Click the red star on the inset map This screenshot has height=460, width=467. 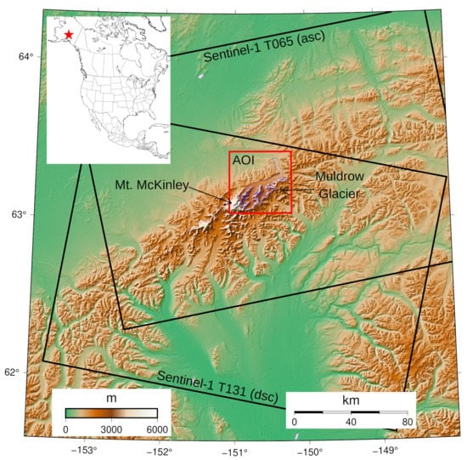point(69,35)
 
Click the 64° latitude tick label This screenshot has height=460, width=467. point(26,57)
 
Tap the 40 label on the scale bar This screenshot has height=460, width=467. point(351,422)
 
